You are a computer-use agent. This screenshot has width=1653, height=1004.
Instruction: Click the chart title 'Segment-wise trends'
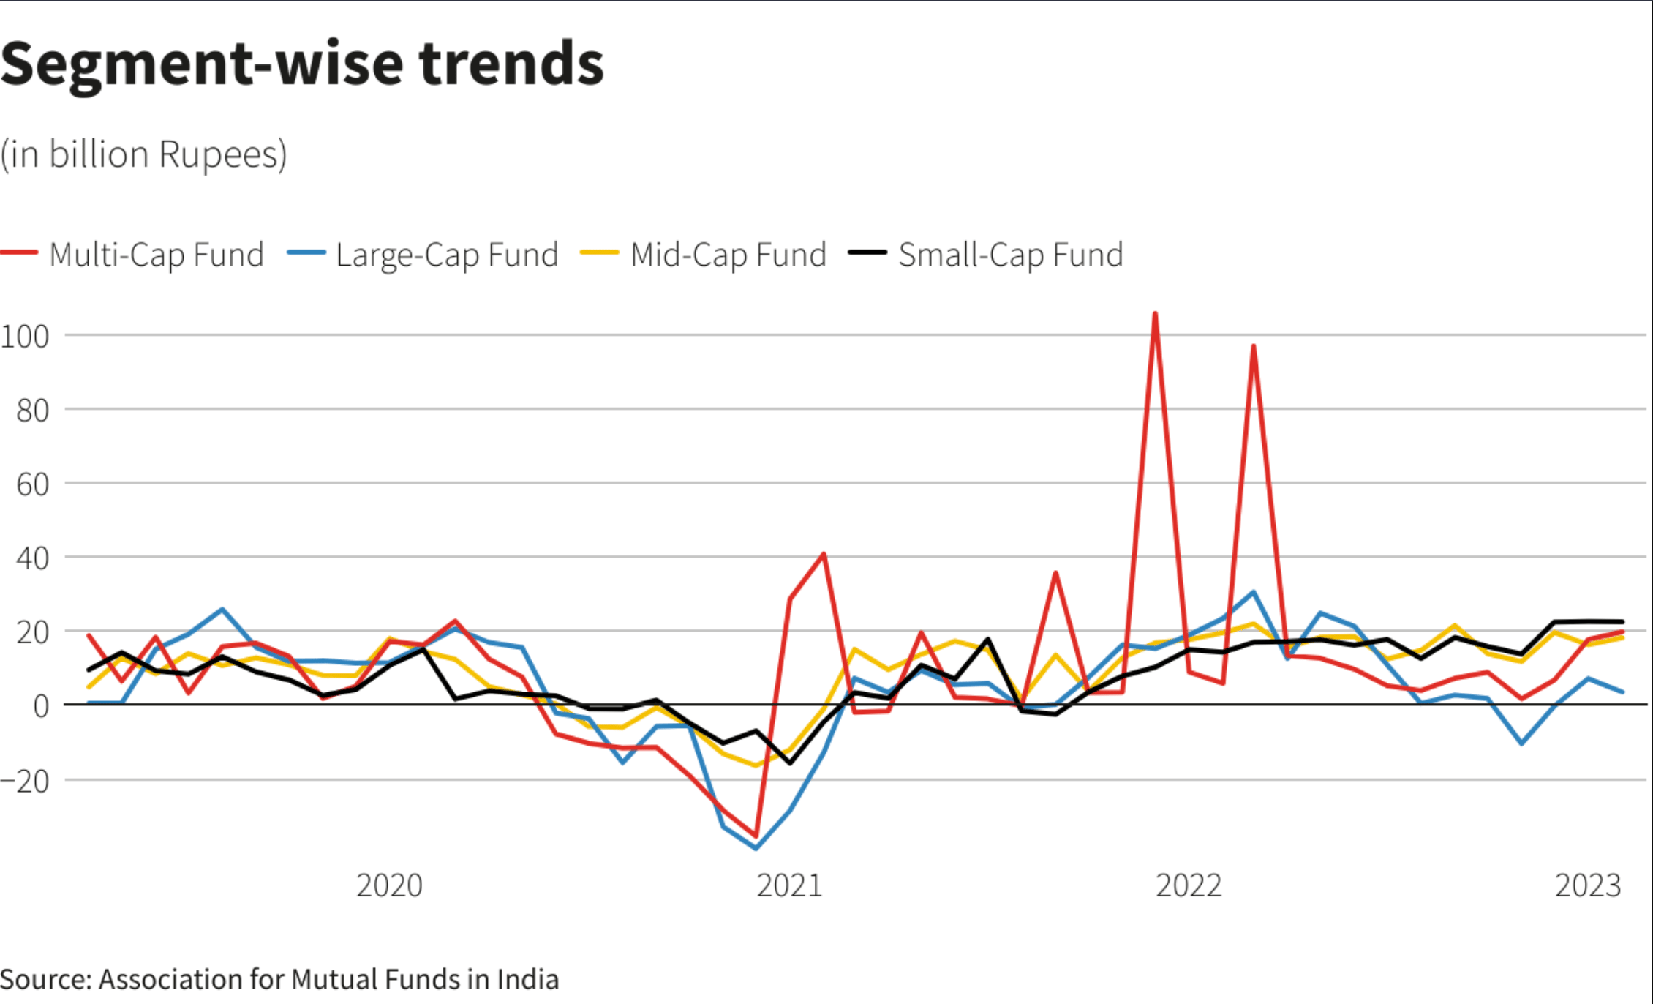(302, 64)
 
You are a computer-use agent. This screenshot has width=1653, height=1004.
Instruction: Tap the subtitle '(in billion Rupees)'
(144, 154)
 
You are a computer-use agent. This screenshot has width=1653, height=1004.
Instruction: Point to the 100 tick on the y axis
(26, 337)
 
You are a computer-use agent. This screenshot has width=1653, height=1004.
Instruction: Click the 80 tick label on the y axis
(33, 411)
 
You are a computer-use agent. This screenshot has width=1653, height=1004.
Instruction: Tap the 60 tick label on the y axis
(33, 484)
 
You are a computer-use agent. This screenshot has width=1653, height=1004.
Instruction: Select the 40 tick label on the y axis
(33, 558)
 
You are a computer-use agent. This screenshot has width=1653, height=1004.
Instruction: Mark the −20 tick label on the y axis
(26, 782)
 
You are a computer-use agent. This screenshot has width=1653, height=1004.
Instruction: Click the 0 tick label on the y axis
(41, 706)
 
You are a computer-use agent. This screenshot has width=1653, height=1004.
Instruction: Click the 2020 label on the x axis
(389, 885)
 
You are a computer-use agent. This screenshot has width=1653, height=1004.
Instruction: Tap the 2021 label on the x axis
(789, 885)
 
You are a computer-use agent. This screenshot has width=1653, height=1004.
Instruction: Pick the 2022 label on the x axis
(1189, 885)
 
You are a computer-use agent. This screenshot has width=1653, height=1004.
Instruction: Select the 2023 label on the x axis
(1588, 885)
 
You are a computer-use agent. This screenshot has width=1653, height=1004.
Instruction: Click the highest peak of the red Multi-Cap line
(1155, 314)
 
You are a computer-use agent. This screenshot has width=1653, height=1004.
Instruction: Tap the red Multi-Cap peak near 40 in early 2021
(824, 554)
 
